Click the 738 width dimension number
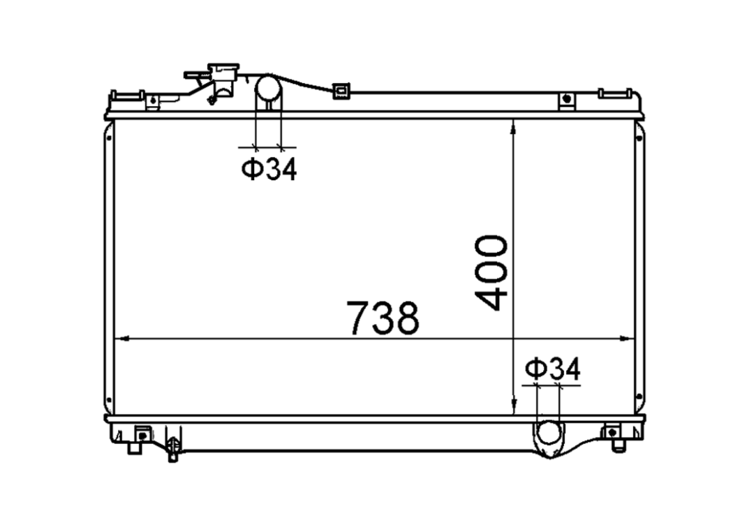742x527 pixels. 383,318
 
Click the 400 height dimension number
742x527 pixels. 491,273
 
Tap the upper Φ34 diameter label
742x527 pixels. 269,170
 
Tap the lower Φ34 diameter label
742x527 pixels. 553,369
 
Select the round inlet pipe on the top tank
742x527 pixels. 269,93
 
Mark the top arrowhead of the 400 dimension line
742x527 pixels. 514,128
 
